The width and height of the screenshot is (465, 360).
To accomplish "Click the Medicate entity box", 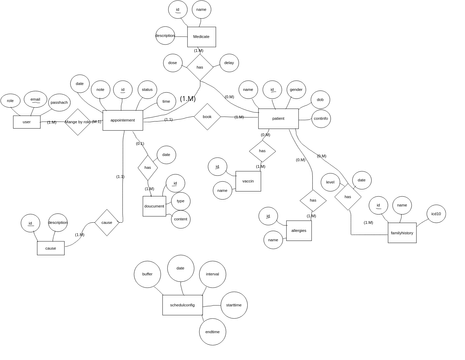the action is coord(201,37).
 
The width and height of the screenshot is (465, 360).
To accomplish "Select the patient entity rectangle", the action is coord(278,119).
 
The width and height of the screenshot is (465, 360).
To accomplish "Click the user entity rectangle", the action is coord(27,121).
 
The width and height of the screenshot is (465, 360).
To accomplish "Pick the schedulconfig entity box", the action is coord(182,305).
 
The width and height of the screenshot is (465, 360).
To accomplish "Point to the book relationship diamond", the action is coord(207,117).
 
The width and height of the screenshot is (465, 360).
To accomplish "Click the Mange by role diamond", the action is coord(78,122).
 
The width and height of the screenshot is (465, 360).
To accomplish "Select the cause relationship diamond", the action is coord(106,222).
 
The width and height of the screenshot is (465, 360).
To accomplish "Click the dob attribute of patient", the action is coord(320,99).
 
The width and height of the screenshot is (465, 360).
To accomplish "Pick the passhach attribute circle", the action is coord(59,102).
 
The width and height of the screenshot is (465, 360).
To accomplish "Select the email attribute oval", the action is coord(35,99).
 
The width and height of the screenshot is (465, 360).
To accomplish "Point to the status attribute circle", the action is coord(147,90).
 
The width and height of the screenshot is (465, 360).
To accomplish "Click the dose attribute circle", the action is coord(173,63).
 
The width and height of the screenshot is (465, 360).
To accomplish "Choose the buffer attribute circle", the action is coord(148,273).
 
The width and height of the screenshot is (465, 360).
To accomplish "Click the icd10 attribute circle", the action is coord(435,214).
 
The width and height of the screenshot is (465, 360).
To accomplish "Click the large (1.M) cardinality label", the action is coord(188,99).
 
